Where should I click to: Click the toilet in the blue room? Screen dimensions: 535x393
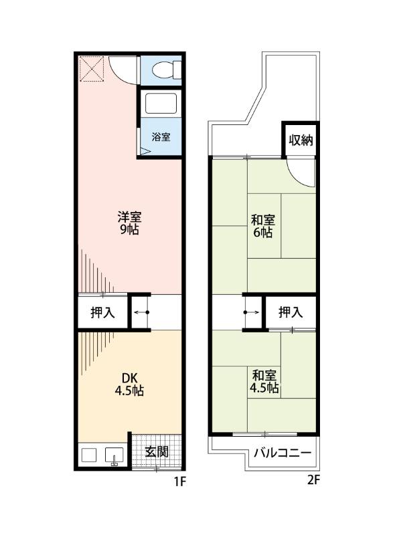point(165,69)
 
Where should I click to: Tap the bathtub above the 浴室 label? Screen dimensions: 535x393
point(161,104)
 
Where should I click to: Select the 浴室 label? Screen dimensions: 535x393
point(161,137)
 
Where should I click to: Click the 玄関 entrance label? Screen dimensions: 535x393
point(157,452)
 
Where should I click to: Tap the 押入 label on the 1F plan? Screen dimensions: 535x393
point(102,312)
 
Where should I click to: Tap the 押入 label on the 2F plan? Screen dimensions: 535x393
point(290,312)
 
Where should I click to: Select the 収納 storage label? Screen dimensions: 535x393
point(301,140)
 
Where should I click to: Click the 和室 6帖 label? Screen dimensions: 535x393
point(262,226)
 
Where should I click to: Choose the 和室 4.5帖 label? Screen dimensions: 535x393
point(264,381)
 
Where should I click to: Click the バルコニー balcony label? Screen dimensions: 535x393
point(282,453)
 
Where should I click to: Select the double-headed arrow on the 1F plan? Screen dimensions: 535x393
point(141,312)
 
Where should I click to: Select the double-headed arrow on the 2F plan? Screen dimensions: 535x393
point(252,312)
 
